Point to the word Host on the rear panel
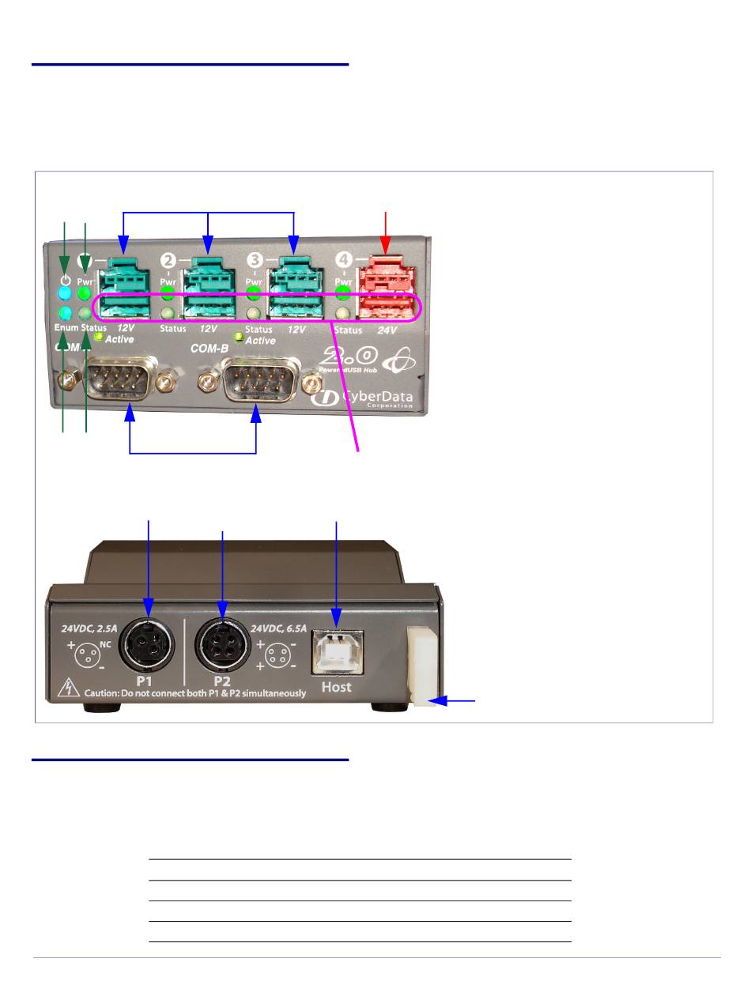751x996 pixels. [337, 687]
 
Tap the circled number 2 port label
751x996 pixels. [168, 259]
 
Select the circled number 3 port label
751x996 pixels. [255, 259]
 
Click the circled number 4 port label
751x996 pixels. [344, 259]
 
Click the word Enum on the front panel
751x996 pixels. [66, 327]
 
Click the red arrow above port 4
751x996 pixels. [386, 229]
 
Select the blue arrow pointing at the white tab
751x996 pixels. [455, 700]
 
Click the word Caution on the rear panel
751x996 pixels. [102, 694]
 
